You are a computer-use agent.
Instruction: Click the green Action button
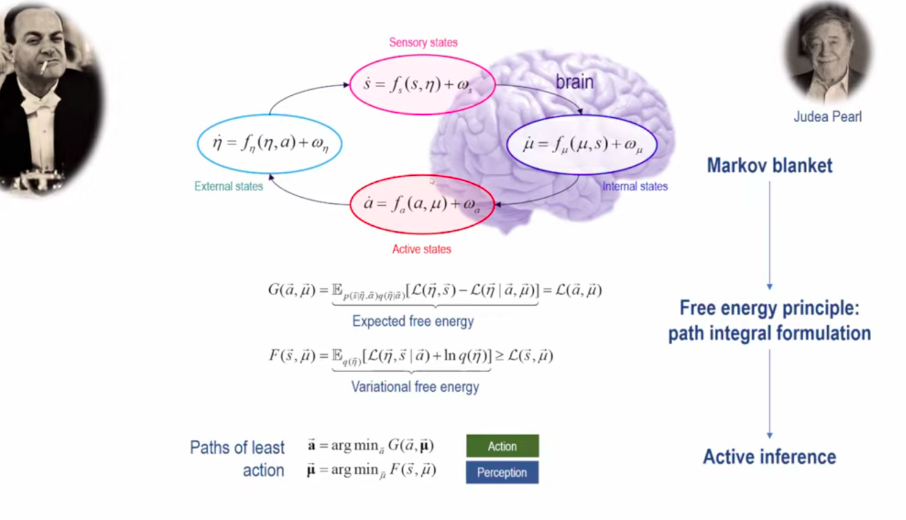pos(502,446)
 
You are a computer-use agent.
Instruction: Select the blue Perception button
pos(502,472)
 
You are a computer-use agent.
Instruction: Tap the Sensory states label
pos(423,43)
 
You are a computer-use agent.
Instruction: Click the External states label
pos(228,186)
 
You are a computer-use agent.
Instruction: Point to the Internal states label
pos(635,186)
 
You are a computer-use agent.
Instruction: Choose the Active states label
pos(421,249)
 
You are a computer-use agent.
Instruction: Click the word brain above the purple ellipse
pos(574,82)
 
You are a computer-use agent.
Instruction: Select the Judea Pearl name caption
pos(827,117)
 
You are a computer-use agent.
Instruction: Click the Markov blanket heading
pos(769,165)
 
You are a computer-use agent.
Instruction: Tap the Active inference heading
pos(769,457)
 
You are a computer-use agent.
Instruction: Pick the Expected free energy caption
pos(413,321)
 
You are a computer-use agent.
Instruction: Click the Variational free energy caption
pos(415,386)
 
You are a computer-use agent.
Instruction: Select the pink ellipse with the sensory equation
pos(422,84)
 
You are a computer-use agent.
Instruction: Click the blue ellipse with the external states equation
pos(269,143)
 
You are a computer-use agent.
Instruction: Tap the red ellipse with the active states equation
pos(422,204)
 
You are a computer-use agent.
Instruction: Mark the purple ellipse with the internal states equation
pos(582,145)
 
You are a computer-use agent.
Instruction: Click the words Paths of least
pos(237,447)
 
